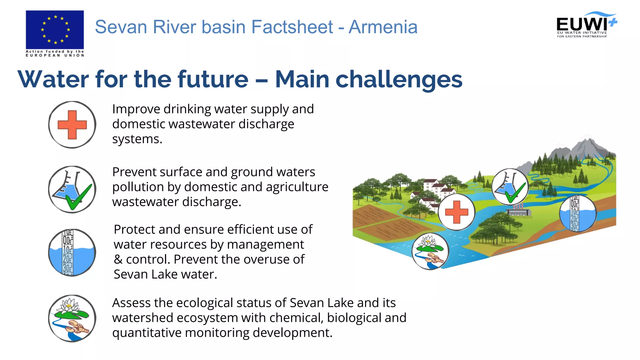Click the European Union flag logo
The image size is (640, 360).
click(x=55, y=29)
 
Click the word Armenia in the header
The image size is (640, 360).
click(x=383, y=27)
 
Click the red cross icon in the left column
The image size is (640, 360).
click(x=72, y=125)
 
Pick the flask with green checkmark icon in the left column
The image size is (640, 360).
click(x=72, y=190)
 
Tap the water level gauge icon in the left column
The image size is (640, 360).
click(x=72, y=252)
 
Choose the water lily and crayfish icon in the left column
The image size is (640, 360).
click(x=72, y=318)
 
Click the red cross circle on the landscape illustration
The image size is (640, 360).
click(x=457, y=212)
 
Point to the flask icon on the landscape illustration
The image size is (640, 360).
click(x=510, y=187)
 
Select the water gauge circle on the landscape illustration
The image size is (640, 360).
click(x=578, y=214)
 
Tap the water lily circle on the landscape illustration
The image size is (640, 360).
click(x=430, y=251)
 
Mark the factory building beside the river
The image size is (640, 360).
click(x=518, y=211)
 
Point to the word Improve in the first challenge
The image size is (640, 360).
click(x=136, y=109)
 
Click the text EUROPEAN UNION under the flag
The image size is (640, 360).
click(x=55, y=55)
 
